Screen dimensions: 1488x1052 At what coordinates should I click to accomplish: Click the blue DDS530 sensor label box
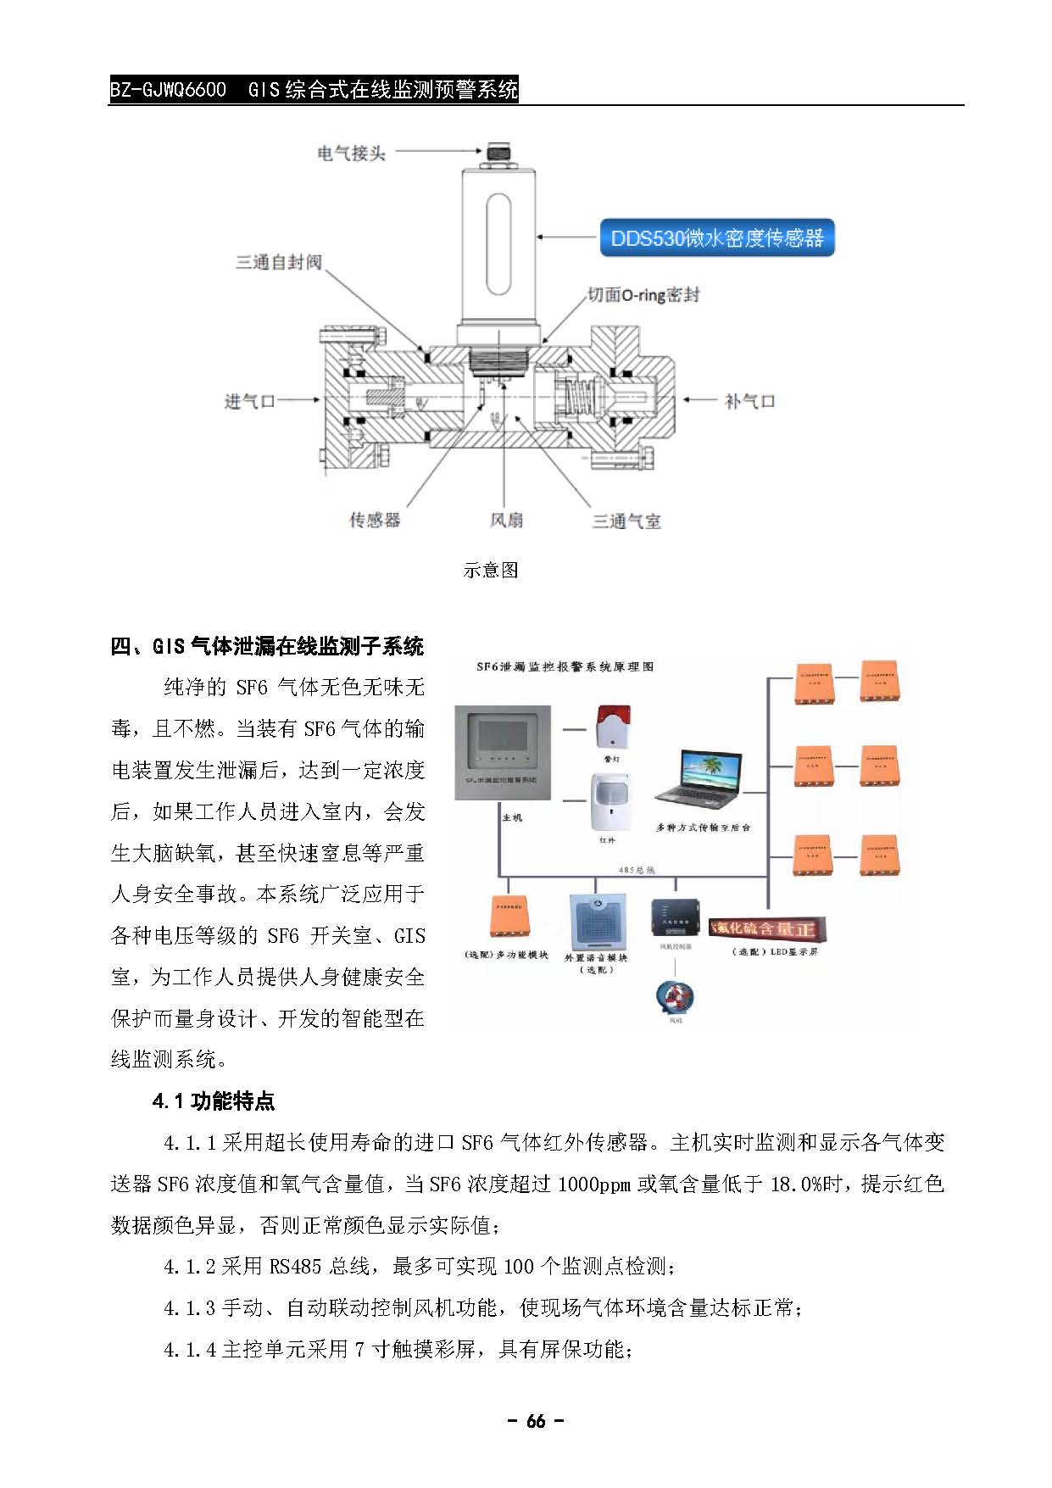(717, 238)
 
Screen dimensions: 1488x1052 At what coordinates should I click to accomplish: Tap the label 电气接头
(351, 153)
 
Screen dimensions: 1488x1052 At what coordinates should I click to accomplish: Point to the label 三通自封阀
(279, 262)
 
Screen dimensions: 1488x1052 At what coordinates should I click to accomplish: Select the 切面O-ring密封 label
(644, 295)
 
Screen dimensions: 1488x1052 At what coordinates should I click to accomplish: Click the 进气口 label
(250, 401)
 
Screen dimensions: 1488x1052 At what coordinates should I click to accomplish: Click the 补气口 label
(749, 401)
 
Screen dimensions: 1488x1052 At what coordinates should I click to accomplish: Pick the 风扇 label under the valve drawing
(506, 520)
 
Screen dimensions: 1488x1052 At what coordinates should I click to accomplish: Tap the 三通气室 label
(626, 521)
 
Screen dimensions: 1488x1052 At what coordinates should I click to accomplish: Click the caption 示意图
(491, 570)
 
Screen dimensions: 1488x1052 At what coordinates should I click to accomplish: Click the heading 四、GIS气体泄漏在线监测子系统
(267, 647)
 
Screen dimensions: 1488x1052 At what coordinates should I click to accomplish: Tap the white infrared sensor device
(608, 804)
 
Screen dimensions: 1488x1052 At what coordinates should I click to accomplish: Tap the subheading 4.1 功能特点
(214, 1101)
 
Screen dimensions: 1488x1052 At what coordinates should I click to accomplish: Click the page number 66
(536, 1421)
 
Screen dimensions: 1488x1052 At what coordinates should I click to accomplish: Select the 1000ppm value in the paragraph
(593, 1184)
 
